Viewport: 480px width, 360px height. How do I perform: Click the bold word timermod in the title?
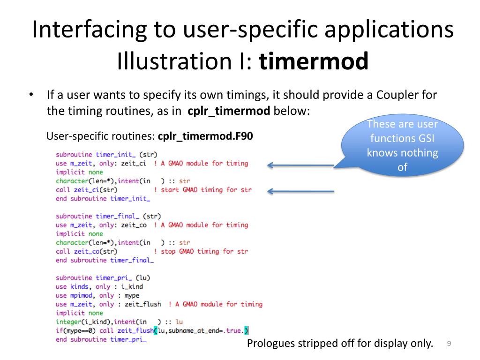coord(314,62)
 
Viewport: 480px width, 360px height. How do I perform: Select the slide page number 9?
coord(449,344)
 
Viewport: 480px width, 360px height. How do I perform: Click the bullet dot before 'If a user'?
coord(31,95)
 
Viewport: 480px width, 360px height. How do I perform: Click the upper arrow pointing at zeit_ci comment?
coord(300,165)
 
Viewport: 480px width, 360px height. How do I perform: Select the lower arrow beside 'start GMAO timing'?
coord(300,191)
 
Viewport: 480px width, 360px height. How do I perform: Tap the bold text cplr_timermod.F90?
coord(205,137)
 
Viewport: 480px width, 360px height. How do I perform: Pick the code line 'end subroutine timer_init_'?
coord(103,199)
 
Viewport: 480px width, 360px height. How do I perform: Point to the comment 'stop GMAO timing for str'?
coord(204,251)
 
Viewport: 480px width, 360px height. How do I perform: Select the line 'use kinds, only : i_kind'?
coord(99,286)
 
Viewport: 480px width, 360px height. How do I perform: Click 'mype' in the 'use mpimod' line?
coord(132,295)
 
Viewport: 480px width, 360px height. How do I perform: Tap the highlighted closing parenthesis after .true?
coord(246,330)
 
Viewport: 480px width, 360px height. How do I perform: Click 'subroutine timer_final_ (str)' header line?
coord(108,216)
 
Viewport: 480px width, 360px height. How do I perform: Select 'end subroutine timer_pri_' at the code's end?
coord(101,339)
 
